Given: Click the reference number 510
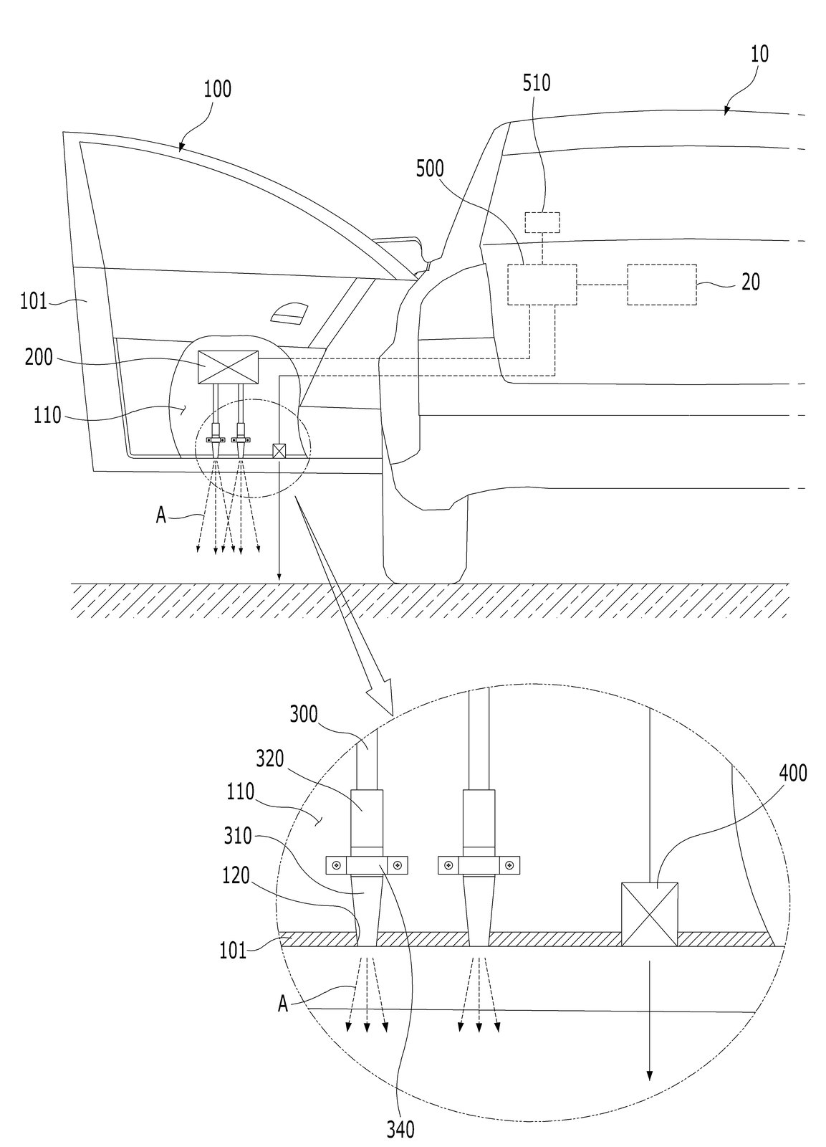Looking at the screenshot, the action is (537, 83).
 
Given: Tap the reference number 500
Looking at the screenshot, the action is (430, 168).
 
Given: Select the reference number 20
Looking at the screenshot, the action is (750, 282).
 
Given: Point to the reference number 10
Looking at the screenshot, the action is (759, 54).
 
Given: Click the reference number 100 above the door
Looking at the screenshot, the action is (218, 89).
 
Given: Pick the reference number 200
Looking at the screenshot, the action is (39, 358).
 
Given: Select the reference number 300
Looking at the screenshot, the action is (304, 714).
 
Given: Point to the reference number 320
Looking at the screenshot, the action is (269, 759).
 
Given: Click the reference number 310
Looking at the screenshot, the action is (238, 837).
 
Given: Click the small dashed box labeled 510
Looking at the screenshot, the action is (542, 222).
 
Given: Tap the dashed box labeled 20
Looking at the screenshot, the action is (662, 285).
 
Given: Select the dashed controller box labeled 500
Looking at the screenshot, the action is (542, 285).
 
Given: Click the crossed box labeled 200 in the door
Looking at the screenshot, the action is (228, 366).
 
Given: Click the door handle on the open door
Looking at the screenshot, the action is (289, 313).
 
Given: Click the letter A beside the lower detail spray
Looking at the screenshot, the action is (283, 1006).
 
